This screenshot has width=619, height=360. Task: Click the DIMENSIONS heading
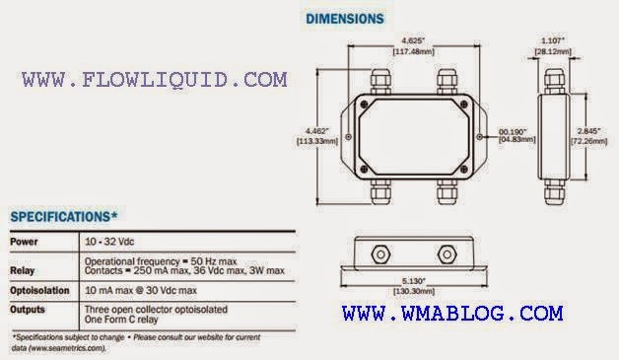coord(345,18)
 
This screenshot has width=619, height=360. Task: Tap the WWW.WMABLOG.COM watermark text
coord(453,314)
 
